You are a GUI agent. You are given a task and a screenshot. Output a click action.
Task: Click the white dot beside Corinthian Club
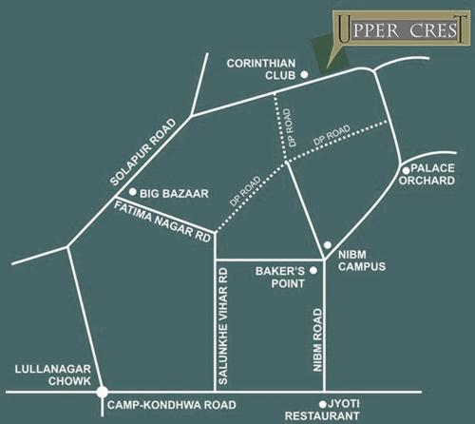(x=305, y=73)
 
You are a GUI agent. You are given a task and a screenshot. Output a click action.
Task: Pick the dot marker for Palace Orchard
(x=406, y=171)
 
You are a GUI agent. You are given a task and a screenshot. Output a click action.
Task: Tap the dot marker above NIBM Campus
(x=328, y=244)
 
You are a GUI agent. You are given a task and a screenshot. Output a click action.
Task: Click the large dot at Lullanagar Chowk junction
(x=101, y=391)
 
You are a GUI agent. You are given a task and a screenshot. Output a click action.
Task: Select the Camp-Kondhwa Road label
(x=171, y=404)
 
